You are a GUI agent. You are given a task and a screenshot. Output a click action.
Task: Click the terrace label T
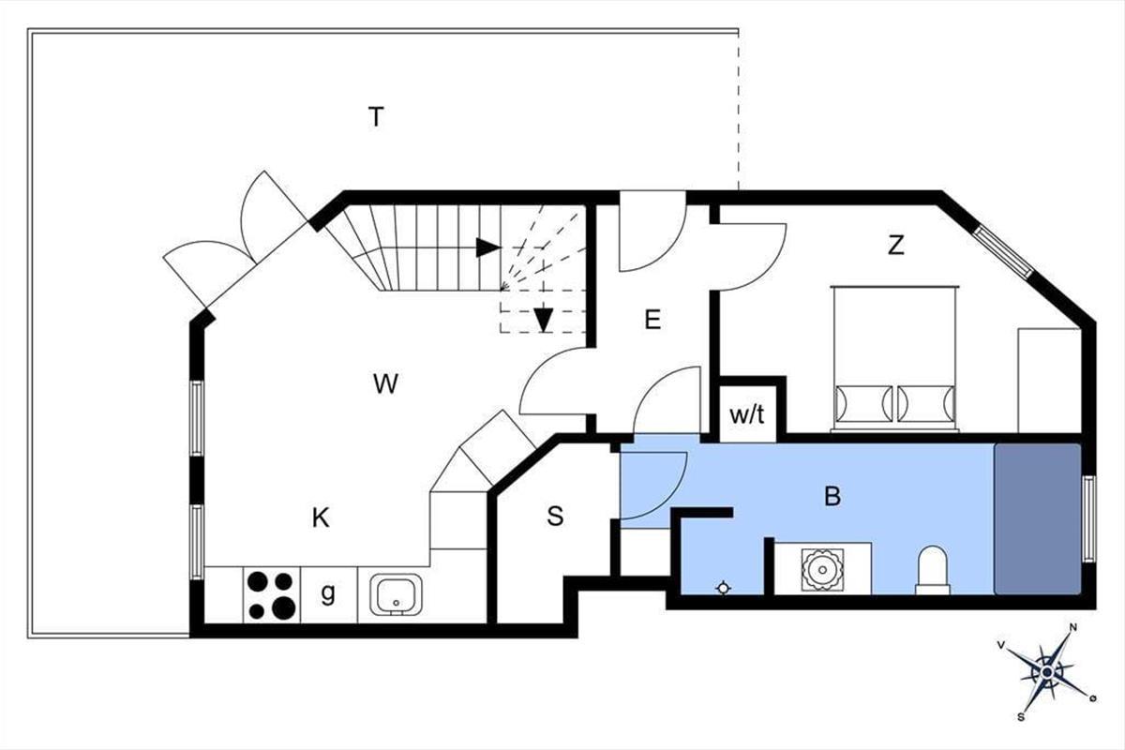376,116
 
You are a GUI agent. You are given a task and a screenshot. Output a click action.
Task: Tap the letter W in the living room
385,383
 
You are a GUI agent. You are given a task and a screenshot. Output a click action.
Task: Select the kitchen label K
321,517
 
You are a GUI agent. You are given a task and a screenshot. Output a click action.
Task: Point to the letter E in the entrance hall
652,320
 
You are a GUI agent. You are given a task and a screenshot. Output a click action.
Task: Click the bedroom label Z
896,245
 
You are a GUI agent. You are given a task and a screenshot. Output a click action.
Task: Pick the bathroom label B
832,496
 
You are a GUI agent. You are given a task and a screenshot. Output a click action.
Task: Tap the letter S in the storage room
555,516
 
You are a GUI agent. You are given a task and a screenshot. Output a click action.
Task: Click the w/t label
747,415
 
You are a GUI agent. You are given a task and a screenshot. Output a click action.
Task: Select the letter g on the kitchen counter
328,593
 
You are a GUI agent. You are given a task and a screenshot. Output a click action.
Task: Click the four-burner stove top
272,595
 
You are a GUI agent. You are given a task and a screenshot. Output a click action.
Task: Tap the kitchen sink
396,594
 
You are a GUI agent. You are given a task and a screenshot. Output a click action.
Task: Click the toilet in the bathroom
933,571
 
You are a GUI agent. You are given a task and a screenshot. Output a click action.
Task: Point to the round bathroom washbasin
823,570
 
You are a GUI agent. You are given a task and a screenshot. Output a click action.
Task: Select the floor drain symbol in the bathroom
723,588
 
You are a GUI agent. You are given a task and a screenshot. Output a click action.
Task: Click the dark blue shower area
1038,519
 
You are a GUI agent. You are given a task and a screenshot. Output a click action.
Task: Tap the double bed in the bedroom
894,359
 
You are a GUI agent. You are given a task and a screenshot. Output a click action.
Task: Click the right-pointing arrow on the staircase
488,247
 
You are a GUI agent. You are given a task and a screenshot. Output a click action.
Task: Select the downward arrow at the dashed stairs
544,320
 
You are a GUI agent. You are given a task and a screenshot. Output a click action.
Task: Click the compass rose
1047,672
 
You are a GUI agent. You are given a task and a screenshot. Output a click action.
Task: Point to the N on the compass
1073,627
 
